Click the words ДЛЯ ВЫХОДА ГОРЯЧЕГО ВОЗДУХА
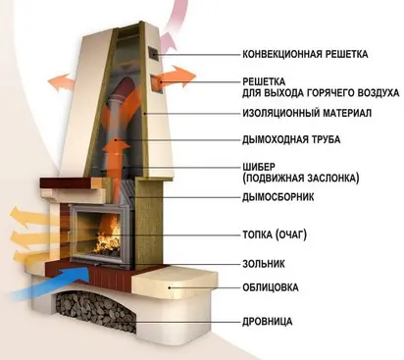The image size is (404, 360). (x=322, y=92)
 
